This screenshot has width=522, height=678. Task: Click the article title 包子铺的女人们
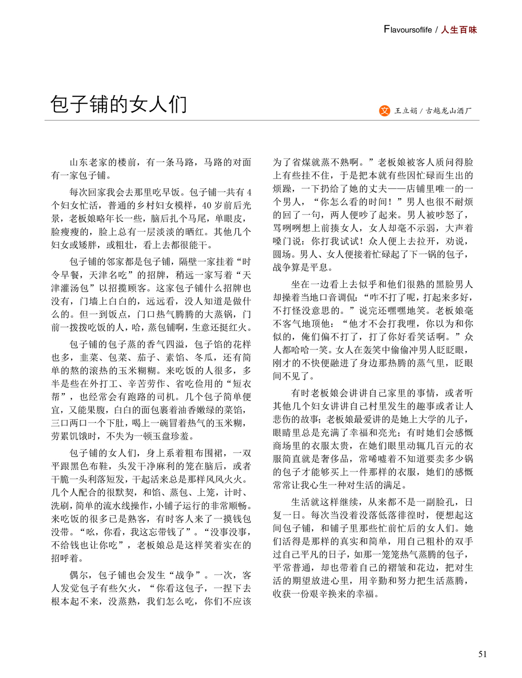[x=118, y=105]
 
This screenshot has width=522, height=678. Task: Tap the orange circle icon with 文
[x=384, y=111]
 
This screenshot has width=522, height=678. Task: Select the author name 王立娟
[x=405, y=111]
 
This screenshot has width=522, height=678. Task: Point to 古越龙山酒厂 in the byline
[x=449, y=111]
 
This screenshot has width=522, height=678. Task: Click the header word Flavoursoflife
[x=408, y=30]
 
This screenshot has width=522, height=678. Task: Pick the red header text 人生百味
[x=459, y=30]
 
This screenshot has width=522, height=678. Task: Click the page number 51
[x=482, y=654]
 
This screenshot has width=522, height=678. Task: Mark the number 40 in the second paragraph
[x=207, y=205]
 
